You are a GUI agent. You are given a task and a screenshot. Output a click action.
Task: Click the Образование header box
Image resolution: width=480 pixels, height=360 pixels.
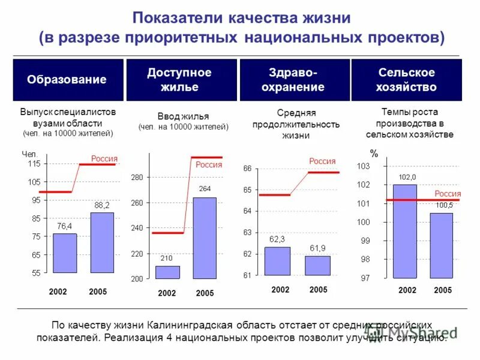(x=67, y=80)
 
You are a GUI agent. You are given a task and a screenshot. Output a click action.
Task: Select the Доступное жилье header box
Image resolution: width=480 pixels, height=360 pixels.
(x=179, y=80)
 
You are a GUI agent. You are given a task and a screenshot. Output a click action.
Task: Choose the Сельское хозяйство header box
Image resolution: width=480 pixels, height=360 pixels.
(x=406, y=80)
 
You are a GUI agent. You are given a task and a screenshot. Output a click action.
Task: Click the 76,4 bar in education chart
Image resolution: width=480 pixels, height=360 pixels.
(x=64, y=253)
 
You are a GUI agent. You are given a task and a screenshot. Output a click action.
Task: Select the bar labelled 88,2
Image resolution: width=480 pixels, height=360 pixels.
(x=102, y=243)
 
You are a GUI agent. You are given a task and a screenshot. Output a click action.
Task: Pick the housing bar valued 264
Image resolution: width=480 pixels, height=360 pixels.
(x=205, y=238)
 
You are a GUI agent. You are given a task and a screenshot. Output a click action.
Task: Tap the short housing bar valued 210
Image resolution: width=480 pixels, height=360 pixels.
(x=167, y=272)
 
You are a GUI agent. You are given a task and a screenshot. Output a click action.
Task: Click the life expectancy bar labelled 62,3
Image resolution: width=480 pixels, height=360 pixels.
(x=277, y=261)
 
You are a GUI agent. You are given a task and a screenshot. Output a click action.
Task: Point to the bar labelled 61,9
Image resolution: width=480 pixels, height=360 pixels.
(x=317, y=266)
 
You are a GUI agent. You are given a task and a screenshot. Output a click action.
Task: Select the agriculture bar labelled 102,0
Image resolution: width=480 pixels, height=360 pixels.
(x=404, y=231)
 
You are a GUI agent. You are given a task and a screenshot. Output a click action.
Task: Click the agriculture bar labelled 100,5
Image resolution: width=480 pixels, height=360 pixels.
(x=441, y=245)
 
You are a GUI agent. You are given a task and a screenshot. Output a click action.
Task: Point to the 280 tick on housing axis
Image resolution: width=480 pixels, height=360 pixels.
(x=137, y=178)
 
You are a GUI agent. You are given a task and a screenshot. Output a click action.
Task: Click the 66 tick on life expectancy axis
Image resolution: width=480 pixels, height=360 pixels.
(x=247, y=169)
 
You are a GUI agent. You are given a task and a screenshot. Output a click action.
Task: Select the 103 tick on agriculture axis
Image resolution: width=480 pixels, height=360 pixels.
(x=363, y=166)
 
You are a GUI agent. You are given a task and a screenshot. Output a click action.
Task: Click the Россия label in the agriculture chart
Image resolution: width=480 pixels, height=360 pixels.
(x=448, y=194)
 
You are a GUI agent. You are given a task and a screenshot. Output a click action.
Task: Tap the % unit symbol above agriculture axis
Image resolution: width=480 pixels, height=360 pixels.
(x=374, y=154)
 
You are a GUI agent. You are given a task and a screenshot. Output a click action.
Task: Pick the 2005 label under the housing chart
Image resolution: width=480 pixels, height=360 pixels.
(x=205, y=293)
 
